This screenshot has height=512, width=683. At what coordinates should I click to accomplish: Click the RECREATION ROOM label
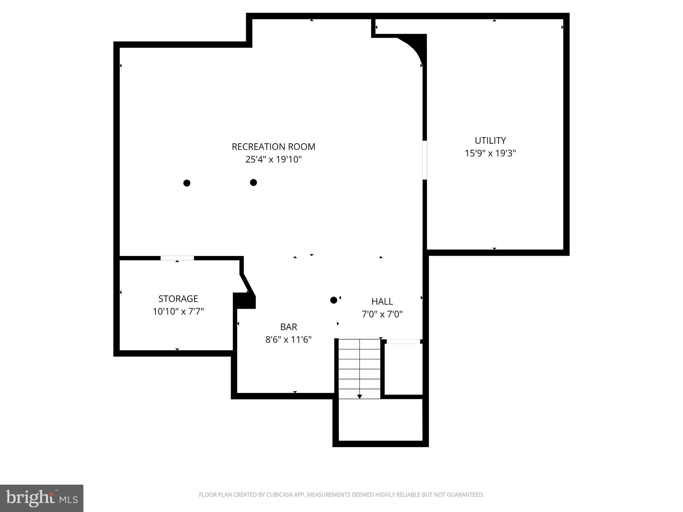[273, 147]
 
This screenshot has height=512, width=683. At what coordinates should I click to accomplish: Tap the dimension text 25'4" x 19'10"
[273, 160]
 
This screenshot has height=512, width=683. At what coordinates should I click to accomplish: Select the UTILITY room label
[490, 140]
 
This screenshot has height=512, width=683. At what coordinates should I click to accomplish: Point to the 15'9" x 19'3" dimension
[490, 153]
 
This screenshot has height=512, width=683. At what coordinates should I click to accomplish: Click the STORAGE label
[178, 299]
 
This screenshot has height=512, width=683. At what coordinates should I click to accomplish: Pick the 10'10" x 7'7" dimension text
[178, 312]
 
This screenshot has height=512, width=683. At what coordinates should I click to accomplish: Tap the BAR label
[288, 327]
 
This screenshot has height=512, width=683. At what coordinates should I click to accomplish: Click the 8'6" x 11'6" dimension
[288, 340]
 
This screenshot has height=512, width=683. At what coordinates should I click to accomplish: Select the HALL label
[382, 301]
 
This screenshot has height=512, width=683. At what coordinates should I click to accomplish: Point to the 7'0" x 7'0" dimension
[382, 314]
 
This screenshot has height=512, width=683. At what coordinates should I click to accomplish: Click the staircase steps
[360, 367]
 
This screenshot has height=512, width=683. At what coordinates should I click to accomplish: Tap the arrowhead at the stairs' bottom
[360, 396]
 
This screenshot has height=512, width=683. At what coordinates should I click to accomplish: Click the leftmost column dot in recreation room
[187, 183]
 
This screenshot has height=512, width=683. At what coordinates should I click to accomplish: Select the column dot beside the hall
[333, 300]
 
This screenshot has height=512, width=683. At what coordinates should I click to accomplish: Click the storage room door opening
[177, 258]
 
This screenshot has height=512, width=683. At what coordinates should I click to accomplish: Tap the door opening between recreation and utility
[425, 160]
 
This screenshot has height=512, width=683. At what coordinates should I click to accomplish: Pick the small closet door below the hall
[403, 341]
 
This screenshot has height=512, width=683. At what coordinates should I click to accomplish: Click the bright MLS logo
[41, 498]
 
